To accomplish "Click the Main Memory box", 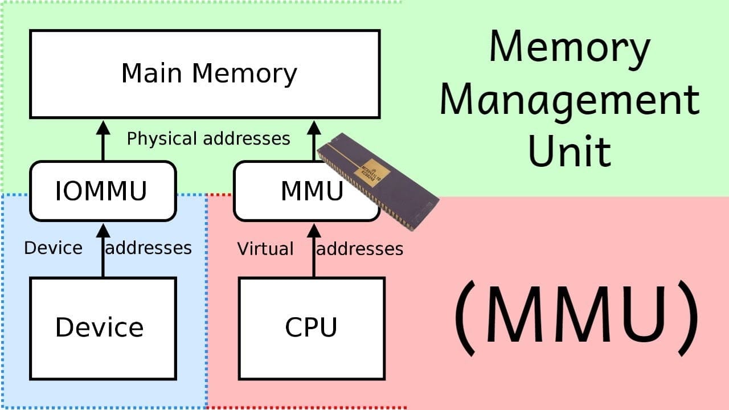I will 204,74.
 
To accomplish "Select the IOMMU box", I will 103,191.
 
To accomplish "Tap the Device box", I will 103,328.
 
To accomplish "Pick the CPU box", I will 311,328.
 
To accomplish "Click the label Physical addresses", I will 208,139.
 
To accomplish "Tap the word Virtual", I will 265,249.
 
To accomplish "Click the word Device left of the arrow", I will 53,248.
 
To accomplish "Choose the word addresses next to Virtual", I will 360,249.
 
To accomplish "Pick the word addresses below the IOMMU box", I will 149,248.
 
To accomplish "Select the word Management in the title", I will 569,100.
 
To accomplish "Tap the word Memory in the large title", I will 569,48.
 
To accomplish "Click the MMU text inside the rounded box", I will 312,191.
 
